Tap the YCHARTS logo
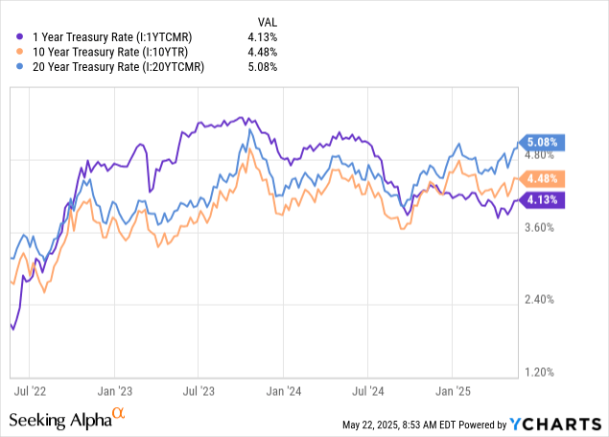560,423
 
